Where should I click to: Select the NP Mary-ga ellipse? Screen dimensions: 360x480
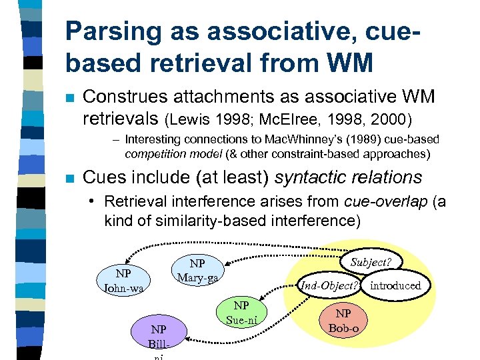[x=197, y=270]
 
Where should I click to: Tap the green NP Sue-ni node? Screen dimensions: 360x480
[x=241, y=313]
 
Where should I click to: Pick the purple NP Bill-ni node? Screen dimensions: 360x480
[x=159, y=337]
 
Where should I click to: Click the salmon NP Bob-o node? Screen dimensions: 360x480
[x=343, y=321]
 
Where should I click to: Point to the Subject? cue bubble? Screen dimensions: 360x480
[x=371, y=262]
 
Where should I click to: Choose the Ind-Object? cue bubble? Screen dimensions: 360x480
[x=329, y=285]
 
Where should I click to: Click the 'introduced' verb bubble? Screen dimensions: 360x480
[x=395, y=285]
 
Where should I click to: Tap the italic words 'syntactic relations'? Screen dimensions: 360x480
[x=349, y=177]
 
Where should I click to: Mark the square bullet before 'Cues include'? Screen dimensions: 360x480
[x=68, y=179]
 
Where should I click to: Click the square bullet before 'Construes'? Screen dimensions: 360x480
[x=68, y=99]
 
